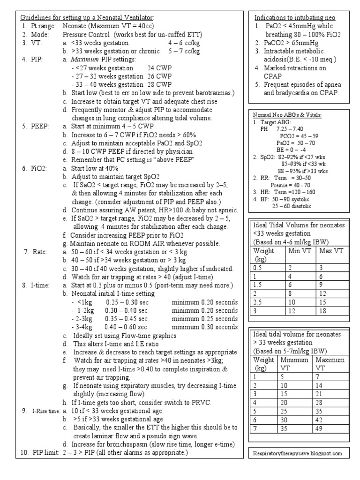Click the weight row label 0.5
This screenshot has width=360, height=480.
(x=257, y=267)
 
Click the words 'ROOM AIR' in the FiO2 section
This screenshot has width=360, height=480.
(x=144, y=244)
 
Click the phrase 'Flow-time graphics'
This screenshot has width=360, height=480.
(x=135, y=336)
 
